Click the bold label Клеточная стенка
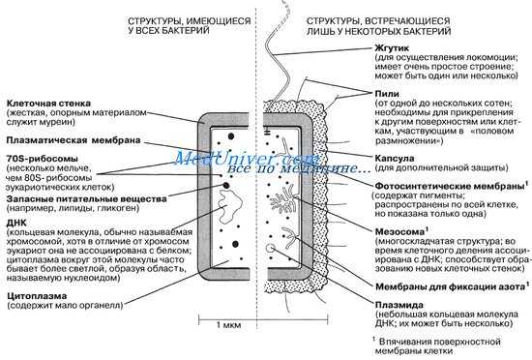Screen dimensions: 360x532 tap(47, 102)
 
